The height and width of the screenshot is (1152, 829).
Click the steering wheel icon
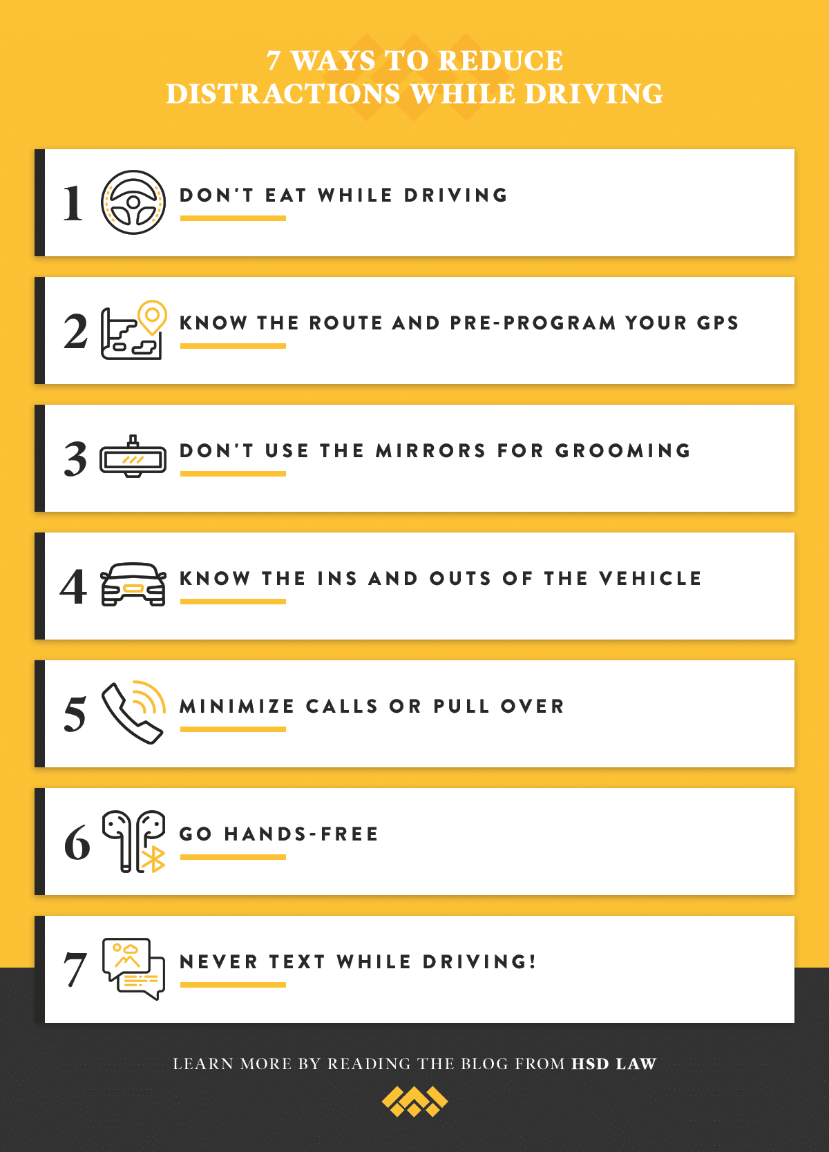(133, 202)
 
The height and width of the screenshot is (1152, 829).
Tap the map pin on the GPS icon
(152, 316)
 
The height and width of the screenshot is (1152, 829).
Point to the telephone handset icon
(133, 713)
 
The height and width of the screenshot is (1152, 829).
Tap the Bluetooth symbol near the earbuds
(153, 858)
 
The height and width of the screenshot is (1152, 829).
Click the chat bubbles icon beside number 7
(133, 968)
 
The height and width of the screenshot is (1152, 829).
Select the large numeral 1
(73, 204)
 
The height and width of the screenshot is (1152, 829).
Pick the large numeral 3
(75, 459)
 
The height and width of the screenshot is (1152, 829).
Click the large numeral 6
(77, 843)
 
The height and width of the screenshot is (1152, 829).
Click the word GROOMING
(622, 451)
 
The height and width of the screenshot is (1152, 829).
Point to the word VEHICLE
(650, 579)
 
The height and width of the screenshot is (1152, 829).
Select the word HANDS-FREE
(301, 834)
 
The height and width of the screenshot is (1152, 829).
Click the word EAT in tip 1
(285, 195)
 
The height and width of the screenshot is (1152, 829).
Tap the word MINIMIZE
(237, 707)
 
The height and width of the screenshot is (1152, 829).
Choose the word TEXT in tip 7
(297, 962)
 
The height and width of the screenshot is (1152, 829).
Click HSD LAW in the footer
(613, 1064)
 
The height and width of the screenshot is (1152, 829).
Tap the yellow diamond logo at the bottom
(414, 1102)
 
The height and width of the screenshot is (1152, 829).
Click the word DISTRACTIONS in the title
(283, 94)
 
